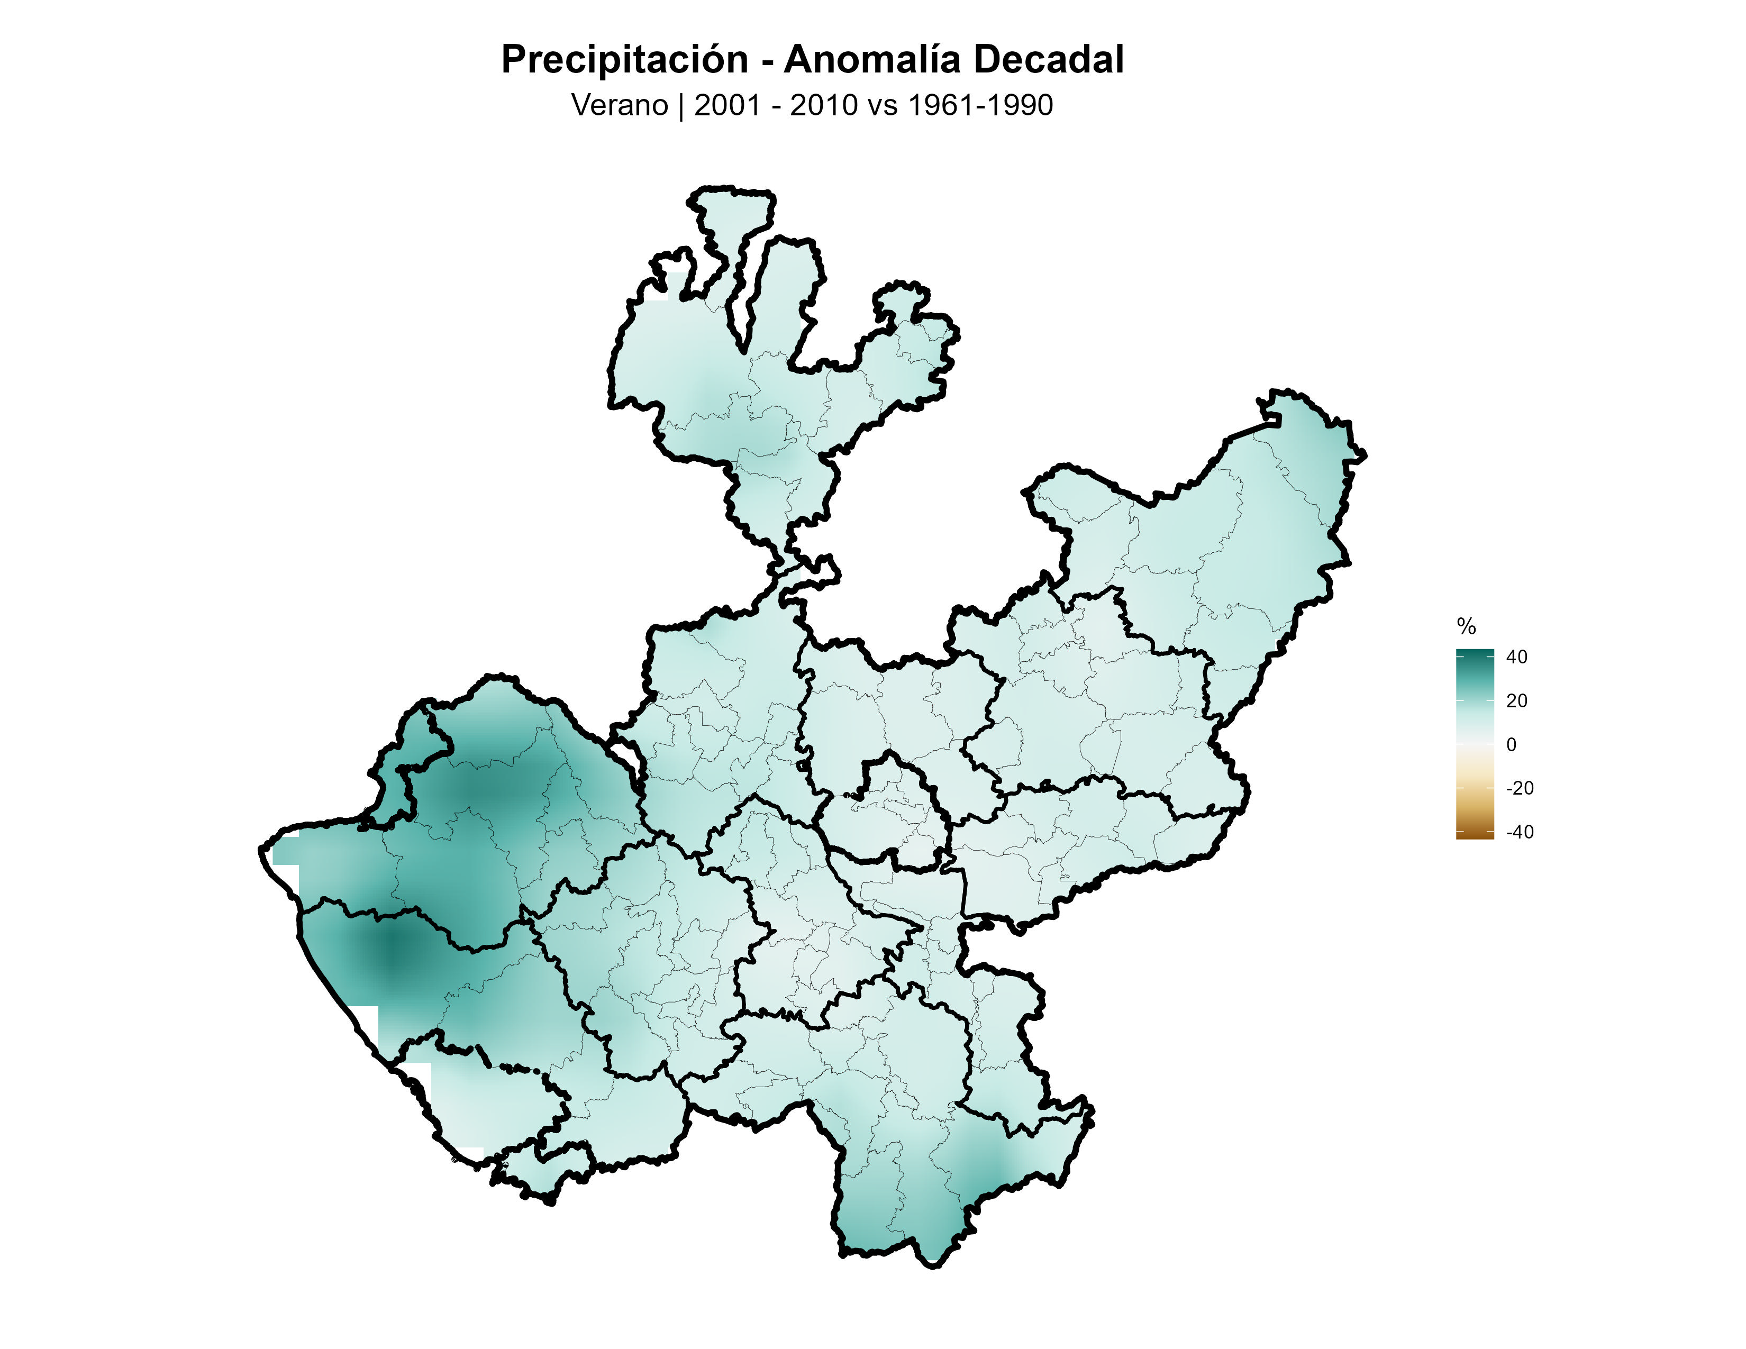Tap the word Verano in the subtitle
click(620, 105)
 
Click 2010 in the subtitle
click(823, 105)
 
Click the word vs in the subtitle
click(882, 105)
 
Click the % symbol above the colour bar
click(1466, 626)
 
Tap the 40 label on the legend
click(1516, 657)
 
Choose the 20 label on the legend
click(1516, 701)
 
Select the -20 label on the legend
click(1519, 788)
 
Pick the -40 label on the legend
click(1519, 832)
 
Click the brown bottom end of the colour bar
click(1474, 834)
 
